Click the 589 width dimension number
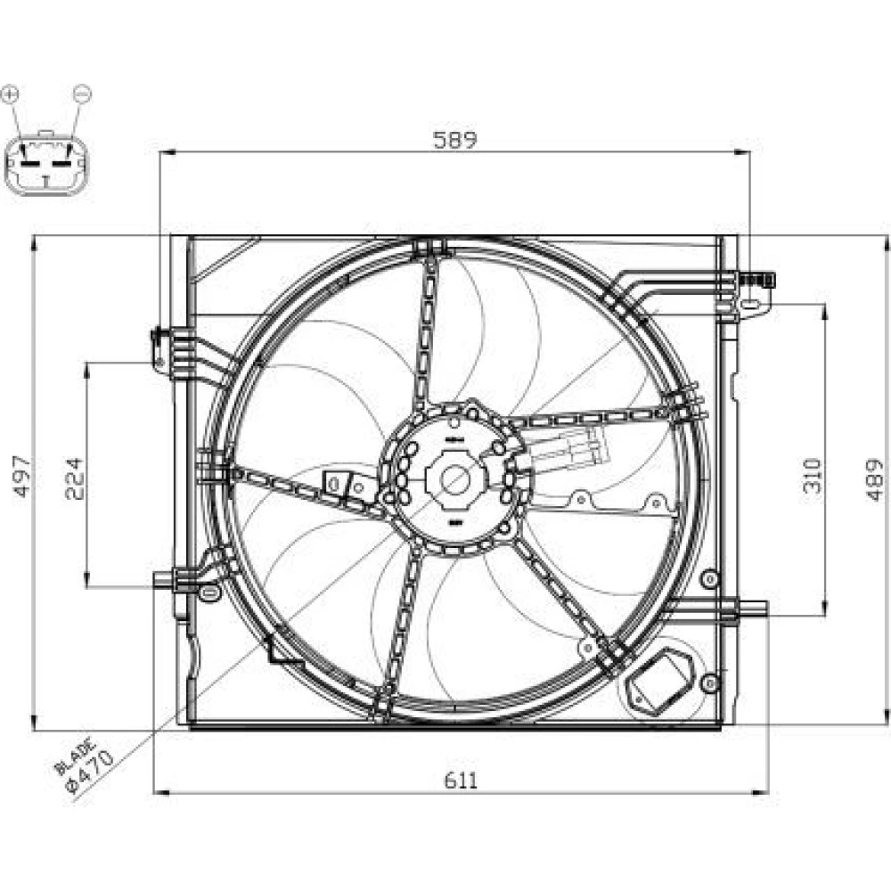454,139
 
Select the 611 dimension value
461,781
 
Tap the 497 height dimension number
23,476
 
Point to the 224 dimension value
75,478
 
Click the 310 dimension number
813,475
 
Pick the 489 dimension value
874,480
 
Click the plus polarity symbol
10,94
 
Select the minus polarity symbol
82,93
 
